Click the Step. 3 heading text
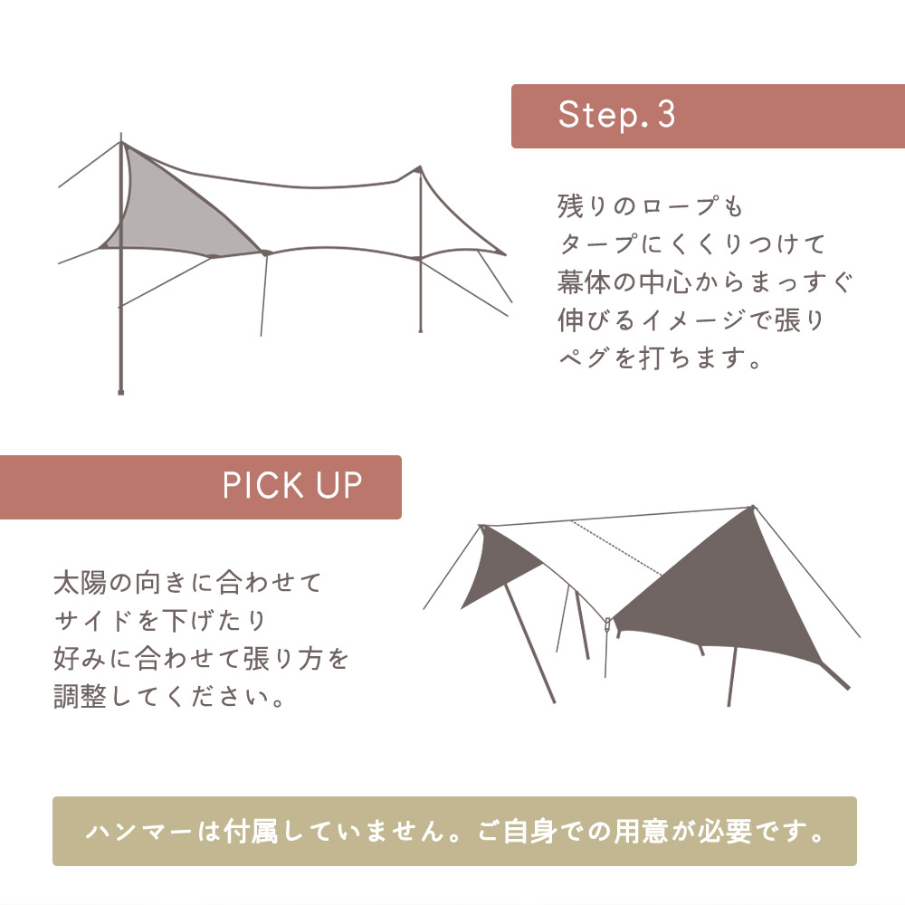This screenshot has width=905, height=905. pos(616,116)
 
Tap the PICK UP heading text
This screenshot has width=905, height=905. pos(291,486)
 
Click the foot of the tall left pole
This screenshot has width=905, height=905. pos(120,392)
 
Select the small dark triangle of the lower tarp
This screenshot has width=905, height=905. pos(497,566)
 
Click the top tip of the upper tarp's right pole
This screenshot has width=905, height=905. pos(419,167)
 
